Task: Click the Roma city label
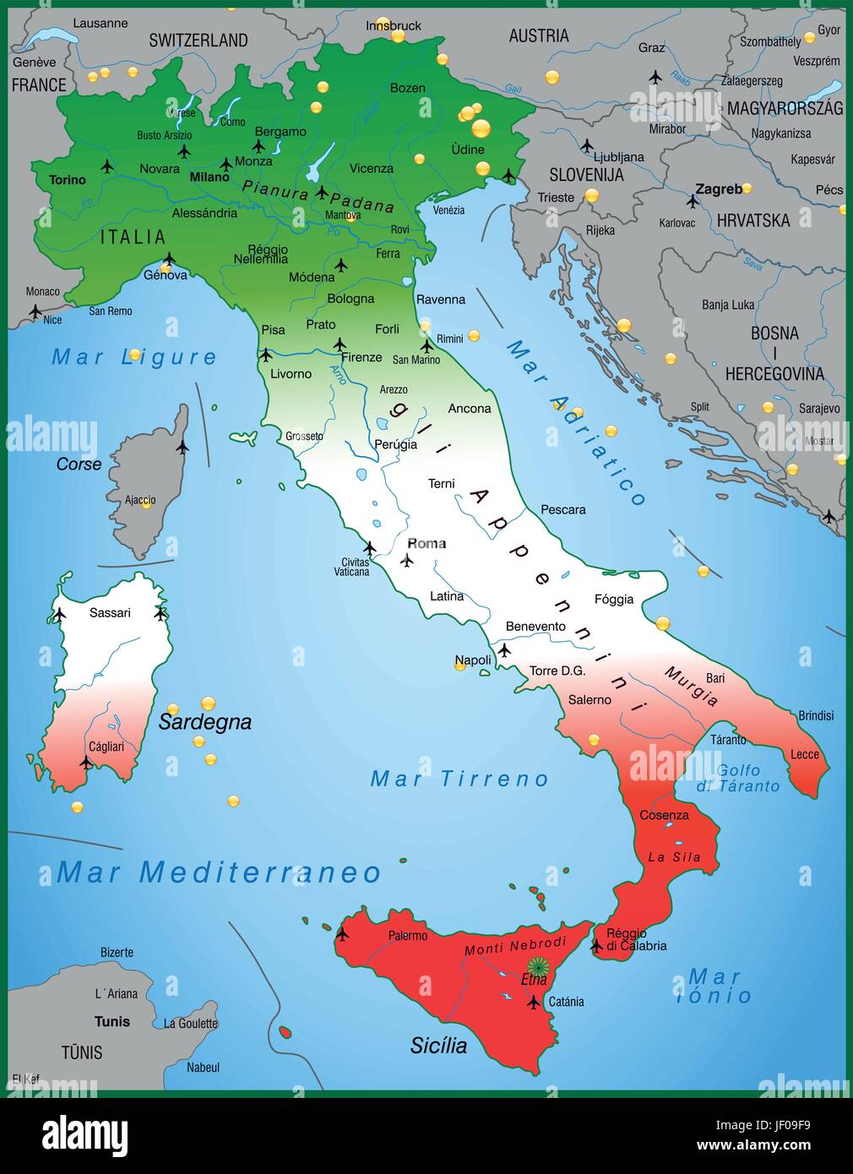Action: tap(426, 543)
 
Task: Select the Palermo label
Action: tap(408, 936)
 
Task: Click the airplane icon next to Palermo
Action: tap(342, 934)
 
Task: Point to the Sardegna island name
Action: tap(205, 722)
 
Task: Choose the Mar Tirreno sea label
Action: tap(459, 779)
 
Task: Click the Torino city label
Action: tap(68, 180)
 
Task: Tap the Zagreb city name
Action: tap(719, 189)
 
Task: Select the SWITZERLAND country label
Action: tap(198, 40)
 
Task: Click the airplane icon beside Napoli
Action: tap(504, 650)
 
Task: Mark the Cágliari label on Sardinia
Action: tap(106, 747)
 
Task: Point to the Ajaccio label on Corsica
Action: tap(140, 500)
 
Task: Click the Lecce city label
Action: tap(805, 754)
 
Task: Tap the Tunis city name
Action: tap(112, 1021)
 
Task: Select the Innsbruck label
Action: tap(394, 25)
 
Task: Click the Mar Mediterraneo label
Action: tap(219, 872)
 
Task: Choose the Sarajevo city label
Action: tap(819, 408)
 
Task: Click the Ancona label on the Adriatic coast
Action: tap(470, 409)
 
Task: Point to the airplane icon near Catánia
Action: tap(533, 1003)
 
